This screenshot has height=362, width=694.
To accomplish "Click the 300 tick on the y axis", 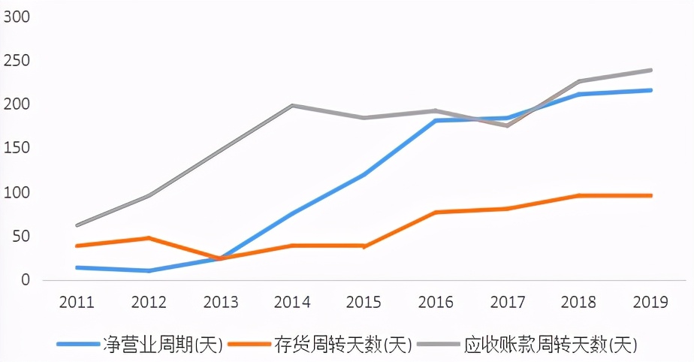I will click(x=16, y=16).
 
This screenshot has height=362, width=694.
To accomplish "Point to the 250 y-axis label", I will click(x=16, y=60).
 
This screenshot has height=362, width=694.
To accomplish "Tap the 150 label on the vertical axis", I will click(x=16, y=148).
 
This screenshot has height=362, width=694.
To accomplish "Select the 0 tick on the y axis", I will click(x=25, y=280).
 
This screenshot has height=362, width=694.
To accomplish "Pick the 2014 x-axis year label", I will click(x=292, y=303).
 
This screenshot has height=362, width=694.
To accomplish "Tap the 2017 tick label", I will click(x=508, y=303).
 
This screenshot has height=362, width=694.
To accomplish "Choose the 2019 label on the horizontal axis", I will click(x=650, y=303).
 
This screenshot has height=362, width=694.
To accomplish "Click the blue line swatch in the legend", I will click(x=78, y=345).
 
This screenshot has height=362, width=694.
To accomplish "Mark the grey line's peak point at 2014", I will click(x=292, y=106).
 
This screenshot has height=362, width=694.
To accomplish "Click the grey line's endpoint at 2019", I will click(x=650, y=70).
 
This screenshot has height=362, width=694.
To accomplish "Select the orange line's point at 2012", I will click(x=149, y=238).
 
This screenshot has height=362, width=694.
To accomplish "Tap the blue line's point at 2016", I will click(x=436, y=120).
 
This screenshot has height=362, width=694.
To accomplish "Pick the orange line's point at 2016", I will click(x=436, y=213).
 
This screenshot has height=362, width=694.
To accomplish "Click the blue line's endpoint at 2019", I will click(x=650, y=90).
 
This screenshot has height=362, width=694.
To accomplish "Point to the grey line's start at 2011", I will click(x=77, y=225).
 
